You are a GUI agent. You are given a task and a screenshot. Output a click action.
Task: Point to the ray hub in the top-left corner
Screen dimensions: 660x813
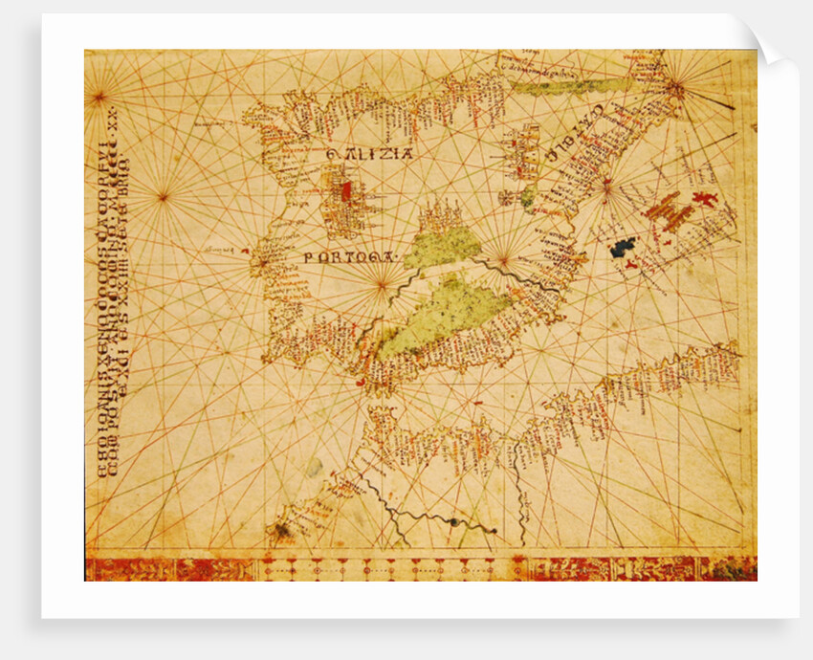pyautogui.click(x=97, y=95)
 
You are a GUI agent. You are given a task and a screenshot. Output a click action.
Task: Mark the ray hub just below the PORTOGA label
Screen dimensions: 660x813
pyautogui.click(x=382, y=283)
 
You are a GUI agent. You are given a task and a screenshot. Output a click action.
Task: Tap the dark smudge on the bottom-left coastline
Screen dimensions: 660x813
pyautogui.click(x=281, y=528)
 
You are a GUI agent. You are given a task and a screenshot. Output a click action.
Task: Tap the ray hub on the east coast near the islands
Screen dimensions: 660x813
pyautogui.click(x=605, y=189)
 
